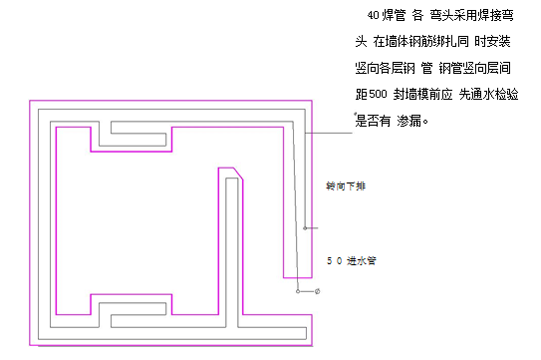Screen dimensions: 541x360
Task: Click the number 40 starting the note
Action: point(371,17)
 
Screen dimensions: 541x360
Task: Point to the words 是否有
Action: point(371,121)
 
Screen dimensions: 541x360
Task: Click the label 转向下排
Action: point(339,186)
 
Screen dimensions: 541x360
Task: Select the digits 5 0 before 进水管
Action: point(334,261)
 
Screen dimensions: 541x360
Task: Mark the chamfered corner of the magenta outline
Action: point(239,174)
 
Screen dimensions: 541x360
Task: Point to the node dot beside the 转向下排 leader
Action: point(306,228)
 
